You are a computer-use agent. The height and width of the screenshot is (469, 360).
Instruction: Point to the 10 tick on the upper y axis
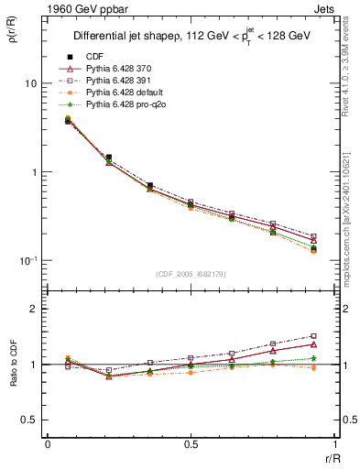point(29,83)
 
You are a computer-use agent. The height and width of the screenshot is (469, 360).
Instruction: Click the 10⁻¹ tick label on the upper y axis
point(27,261)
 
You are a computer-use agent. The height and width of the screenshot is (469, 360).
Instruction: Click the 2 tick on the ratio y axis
point(35,309)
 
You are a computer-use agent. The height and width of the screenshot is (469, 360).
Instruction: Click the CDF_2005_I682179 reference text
point(191,274)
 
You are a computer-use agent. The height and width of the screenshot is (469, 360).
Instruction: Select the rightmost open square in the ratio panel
point(313,336)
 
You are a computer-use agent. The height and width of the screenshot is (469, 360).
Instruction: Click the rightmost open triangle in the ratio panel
point(313,344)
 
